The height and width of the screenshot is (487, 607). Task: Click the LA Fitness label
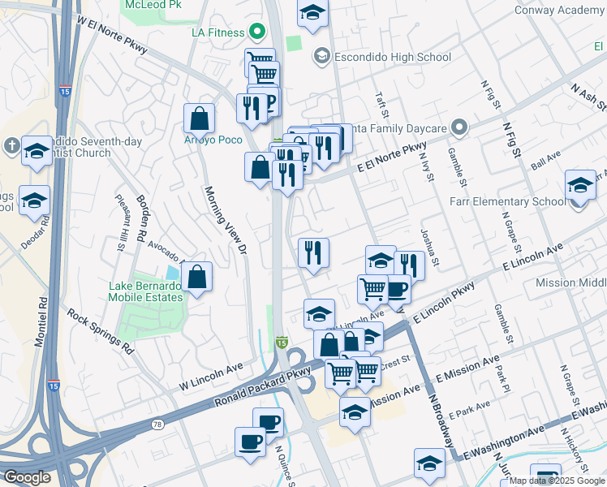coord(218,32)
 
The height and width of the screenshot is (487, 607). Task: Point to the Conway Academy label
coord(559,10)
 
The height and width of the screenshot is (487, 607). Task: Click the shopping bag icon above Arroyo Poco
coord(199,119)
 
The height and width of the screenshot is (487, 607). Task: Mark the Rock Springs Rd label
coord(101,330)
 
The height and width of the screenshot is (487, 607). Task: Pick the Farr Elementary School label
coord(514,201)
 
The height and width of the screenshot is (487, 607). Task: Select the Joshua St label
coord(430,248)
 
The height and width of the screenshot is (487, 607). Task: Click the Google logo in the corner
coord(28,477)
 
